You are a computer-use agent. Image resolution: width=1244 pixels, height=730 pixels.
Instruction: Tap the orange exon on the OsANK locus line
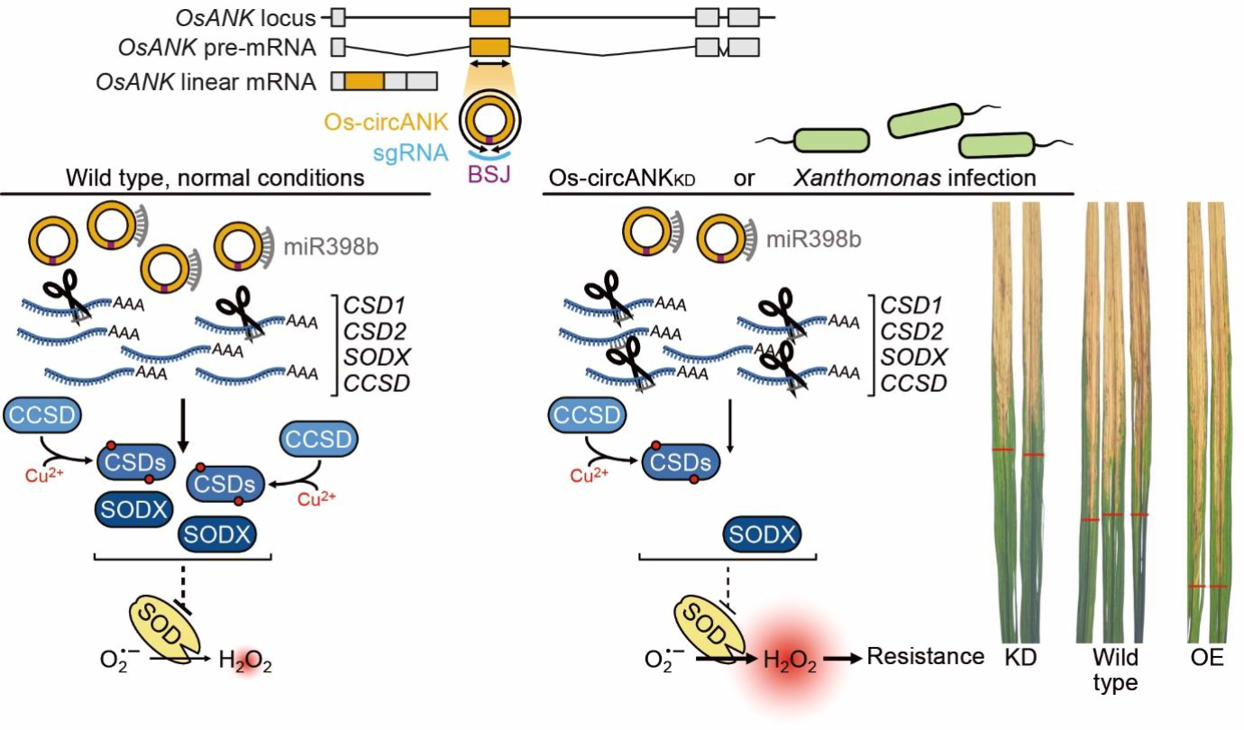coord(489,17)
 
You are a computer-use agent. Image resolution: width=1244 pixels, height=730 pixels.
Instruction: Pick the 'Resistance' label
coord(925,656)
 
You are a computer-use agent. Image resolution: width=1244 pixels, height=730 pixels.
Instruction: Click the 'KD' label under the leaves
coord(1021,658)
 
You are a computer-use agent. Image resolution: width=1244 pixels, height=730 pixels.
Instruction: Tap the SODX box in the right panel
coord(763,537)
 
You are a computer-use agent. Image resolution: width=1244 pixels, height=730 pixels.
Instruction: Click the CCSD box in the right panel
coord(586,416)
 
